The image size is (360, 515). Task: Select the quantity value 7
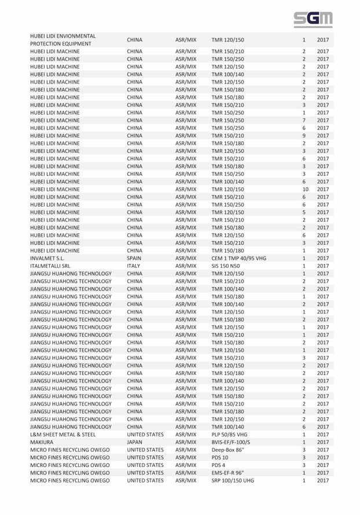(x=304, y=119)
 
